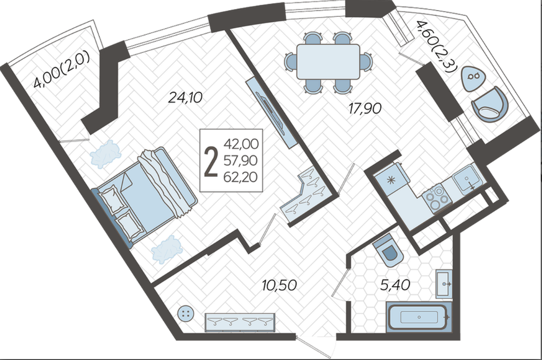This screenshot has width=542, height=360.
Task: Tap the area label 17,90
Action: tap(365, 108)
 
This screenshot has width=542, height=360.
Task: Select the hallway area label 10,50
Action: tap(279, 285)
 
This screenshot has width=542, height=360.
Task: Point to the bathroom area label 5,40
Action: tap(395, 285)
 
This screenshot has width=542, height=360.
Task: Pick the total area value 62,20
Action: tap(241, 177)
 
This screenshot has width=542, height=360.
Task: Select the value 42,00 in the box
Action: tap(241, 144)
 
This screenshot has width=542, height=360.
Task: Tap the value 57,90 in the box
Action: tap(241, 160)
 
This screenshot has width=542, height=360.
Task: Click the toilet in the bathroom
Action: tap(388, 249)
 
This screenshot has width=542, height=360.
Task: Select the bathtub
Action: tap(419, 317)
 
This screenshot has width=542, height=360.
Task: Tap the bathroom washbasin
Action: tap(443, 284)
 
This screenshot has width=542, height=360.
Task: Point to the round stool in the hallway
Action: tap(186, 314)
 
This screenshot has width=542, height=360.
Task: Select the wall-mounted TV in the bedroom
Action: tap(272, 113)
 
